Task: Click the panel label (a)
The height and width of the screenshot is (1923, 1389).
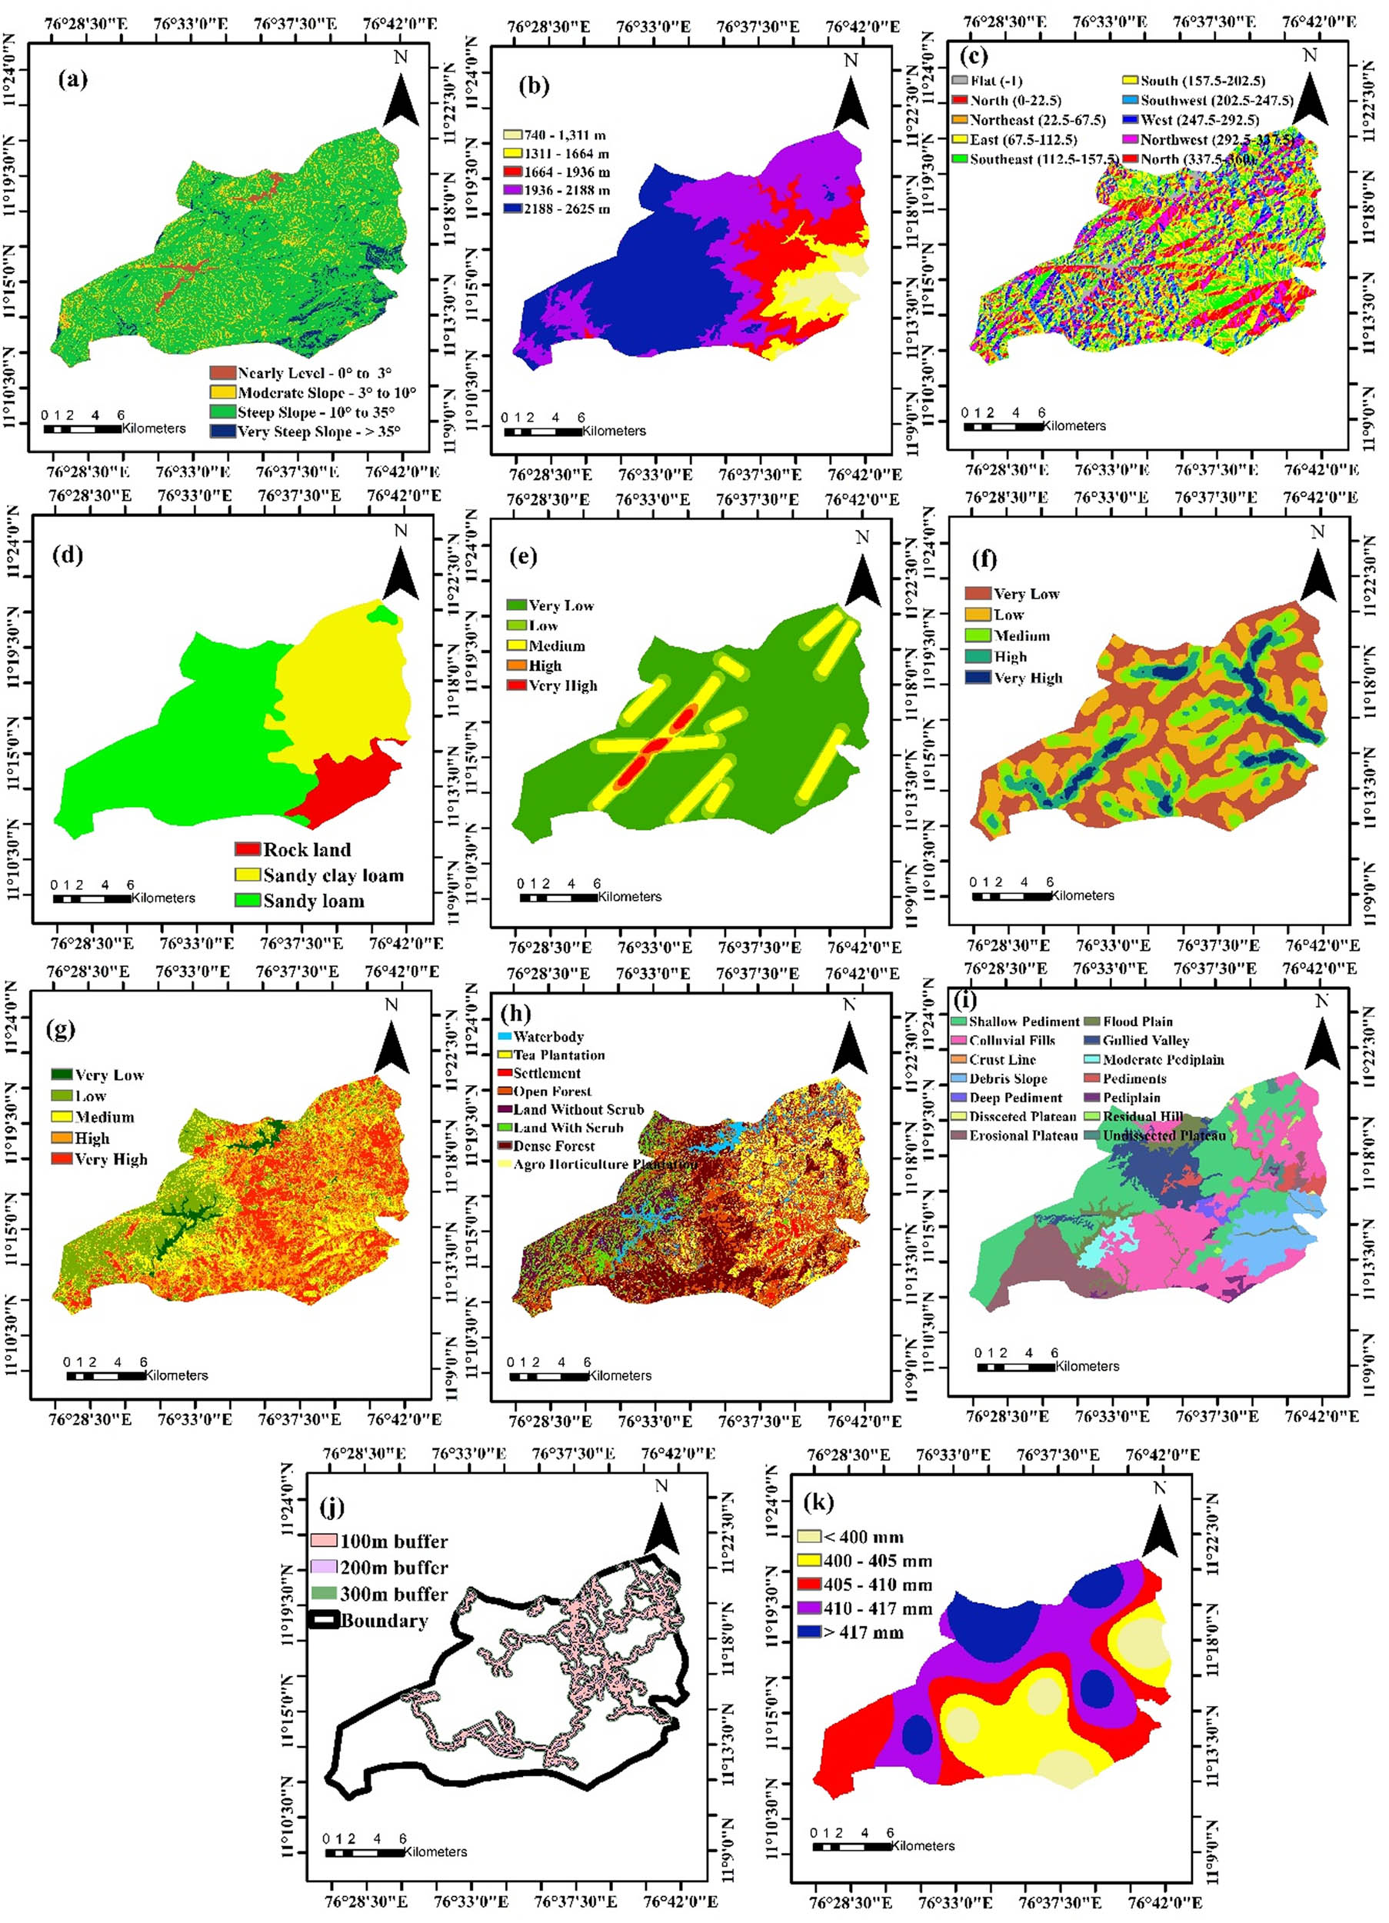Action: tap(73, 80)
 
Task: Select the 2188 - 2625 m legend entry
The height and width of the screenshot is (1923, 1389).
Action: tap(556, 208)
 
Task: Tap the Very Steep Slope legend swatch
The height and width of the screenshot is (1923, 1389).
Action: tap(223, 432)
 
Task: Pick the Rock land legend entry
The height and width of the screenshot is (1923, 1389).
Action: tap(292, 849)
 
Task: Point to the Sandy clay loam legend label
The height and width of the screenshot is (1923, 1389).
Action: tap(333, 875)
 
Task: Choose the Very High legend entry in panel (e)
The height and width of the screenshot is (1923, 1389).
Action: tap(552, 685)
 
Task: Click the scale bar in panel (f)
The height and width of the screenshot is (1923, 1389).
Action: tap(1011, 896)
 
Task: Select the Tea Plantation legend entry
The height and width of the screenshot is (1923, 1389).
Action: tap(551, 1055)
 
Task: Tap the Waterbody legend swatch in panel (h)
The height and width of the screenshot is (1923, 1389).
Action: tap(505, 1036)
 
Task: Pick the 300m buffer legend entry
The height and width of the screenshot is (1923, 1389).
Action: tap(380, 1594)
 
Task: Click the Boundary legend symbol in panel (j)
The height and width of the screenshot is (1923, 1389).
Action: tap(324, 1620)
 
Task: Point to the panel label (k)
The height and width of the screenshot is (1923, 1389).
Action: tap(818, 1502)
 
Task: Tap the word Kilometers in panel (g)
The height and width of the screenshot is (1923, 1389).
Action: tap(176, 1375)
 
